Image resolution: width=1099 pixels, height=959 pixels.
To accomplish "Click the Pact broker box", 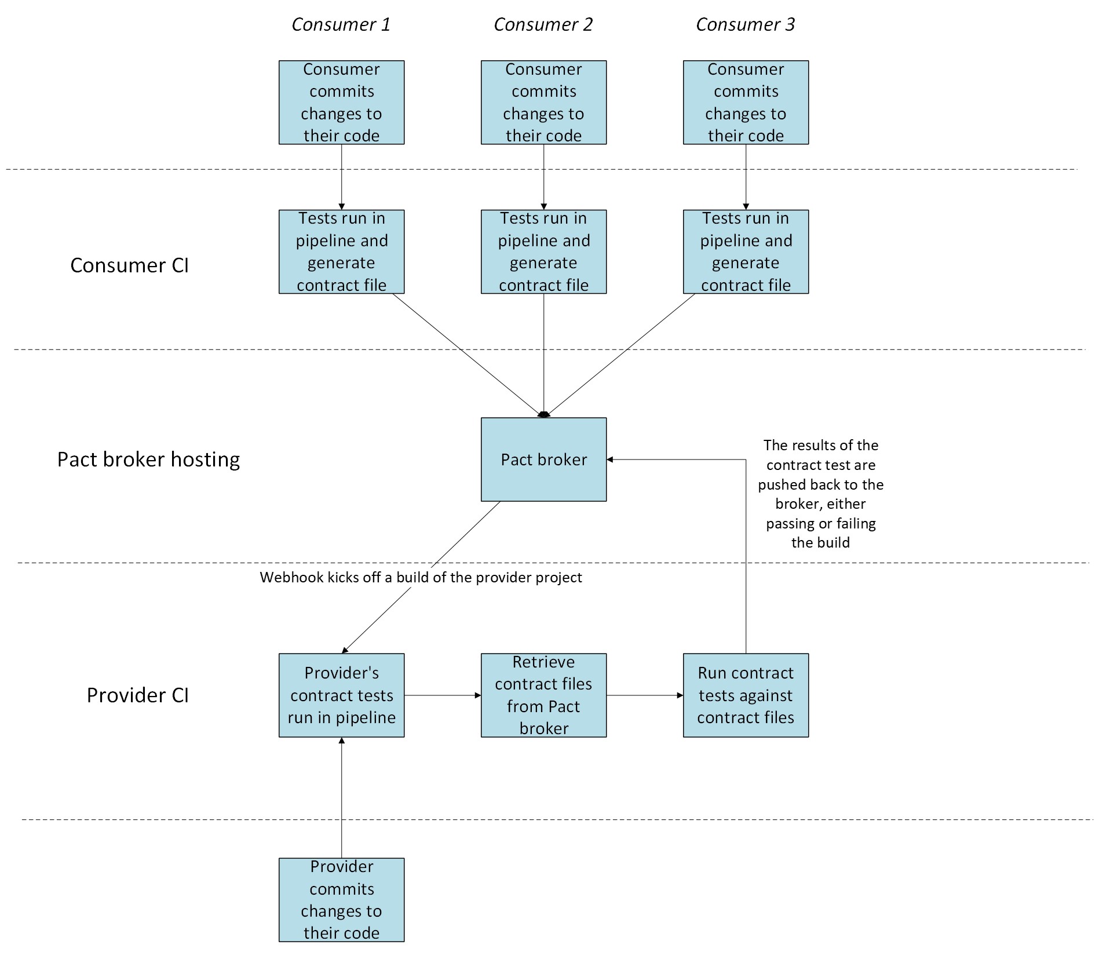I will (543, 459).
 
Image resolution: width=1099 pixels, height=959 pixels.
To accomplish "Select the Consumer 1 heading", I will (341, 24).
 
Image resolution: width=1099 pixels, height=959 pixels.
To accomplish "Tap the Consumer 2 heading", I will (543, 24).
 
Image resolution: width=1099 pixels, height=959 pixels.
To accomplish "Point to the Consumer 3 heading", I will (745, 24).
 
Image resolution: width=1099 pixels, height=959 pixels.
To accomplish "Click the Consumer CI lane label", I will (129, 265).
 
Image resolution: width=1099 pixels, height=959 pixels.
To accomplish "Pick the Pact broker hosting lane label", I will (148, 459).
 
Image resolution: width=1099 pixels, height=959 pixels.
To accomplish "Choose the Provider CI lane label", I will (137, 695).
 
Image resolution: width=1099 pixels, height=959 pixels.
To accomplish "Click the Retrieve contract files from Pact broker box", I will (543, 695).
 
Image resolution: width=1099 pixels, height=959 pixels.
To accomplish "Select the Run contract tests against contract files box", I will (746, 695).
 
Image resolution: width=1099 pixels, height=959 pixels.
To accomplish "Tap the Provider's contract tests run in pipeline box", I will (341, 695).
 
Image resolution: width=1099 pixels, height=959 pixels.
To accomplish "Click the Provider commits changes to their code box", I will (341, 899).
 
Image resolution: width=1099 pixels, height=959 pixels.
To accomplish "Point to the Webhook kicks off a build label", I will (421, 577).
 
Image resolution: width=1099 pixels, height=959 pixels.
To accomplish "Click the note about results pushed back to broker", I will (820, 494).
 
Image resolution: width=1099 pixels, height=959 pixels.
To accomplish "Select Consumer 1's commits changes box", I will (341, 102).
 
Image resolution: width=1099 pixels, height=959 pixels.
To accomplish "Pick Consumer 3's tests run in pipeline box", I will (746, 251).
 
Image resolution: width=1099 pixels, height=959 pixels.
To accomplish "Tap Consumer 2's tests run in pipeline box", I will (543, 251).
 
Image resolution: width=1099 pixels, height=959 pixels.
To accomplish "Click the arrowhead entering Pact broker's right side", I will (610, 460).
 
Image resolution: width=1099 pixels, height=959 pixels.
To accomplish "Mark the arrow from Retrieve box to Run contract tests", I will (644, 695).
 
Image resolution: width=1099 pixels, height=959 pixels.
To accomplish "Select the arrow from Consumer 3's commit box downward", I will (746, 177).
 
